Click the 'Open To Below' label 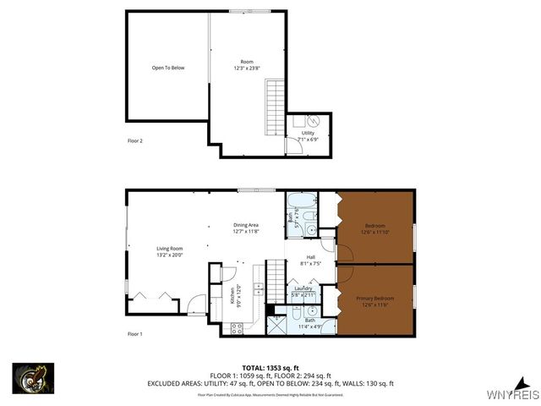tap(167, 68)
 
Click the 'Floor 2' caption tap(135, 140)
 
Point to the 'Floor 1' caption tap(135, 334)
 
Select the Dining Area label tap(246, 228)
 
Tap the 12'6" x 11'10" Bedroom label tap(374, 228)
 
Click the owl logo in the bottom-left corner tap(34, 377)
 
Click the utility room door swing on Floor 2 tap(292, 146)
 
